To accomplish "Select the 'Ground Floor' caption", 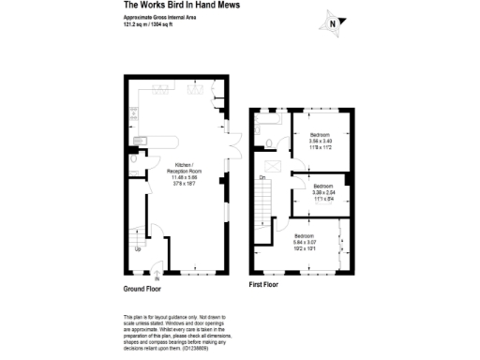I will [142, 288].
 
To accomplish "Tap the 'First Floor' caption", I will [264, 283].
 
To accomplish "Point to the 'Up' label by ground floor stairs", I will [139, 249].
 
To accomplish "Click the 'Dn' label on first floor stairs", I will [262, 176].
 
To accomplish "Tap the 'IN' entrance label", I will [157, 279].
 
